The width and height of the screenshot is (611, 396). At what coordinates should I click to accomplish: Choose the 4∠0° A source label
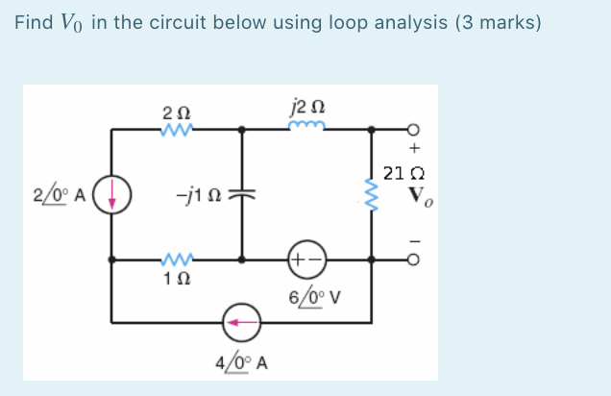242,364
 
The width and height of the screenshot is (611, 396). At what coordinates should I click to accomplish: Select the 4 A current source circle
241,321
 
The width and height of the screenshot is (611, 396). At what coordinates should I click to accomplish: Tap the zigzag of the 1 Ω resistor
176,259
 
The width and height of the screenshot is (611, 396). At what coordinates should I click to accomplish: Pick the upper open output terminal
414,128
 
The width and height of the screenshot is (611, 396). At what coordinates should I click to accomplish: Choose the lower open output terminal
414,260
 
